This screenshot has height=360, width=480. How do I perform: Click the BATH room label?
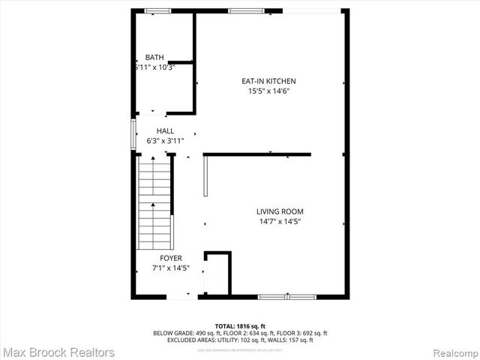(x=154, y=57)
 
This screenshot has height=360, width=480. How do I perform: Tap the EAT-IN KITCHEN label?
(x=268, y=81)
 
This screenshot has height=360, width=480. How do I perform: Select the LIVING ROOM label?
(x=280, y=211)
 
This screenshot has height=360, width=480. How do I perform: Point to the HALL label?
(x=165, y=130)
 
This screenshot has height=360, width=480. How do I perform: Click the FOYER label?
(x=170, y=258)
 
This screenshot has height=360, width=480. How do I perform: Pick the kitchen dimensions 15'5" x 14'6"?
(x=268, y=91)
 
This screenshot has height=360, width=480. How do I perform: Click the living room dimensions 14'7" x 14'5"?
(x=280, y=221)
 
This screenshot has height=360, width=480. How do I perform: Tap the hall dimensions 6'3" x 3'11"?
(x=165, y=140)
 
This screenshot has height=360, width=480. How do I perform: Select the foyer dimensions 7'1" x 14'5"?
(x=170, y=268)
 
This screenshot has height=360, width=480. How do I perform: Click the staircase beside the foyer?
(x=154, y=202)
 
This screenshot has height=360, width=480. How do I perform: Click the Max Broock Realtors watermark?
(x=58, y=352)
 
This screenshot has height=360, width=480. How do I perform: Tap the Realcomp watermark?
(x=453, y=352)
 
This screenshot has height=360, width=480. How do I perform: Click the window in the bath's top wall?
(x=157, y=10)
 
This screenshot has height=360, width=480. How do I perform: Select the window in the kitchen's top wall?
(x=241, y=10)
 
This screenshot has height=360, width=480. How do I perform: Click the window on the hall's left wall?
(x=134, y=135)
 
